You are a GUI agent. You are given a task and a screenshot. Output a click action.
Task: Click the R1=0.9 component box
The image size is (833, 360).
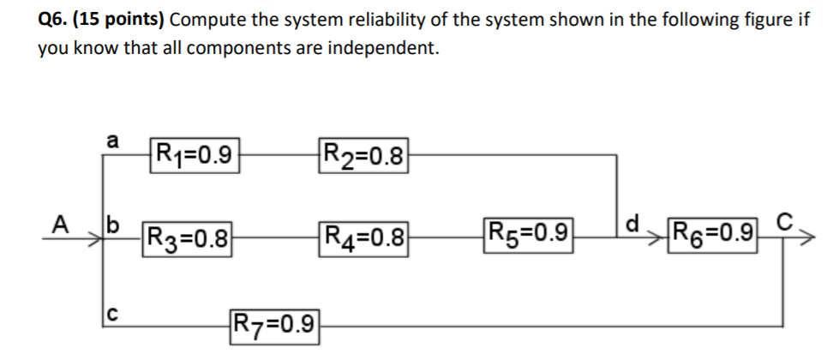193,155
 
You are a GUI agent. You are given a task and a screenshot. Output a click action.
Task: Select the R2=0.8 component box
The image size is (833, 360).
364,155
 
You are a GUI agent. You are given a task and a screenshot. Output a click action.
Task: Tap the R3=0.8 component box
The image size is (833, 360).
188,235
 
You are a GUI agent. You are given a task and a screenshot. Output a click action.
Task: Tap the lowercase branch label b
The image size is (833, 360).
111,225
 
